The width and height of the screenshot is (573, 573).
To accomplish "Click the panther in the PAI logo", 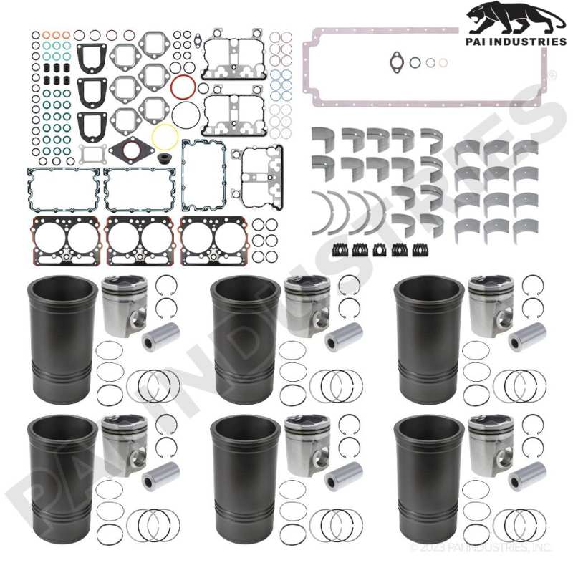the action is (515, 19).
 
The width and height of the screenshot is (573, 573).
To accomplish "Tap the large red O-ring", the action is (183, 87).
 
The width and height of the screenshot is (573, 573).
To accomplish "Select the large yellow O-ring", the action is (165, 137).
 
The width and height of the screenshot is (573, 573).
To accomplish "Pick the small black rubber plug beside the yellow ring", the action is (163, 158).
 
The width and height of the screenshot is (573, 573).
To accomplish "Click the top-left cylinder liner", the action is (62, 340).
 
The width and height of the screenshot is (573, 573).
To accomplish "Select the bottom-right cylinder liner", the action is (429, 479).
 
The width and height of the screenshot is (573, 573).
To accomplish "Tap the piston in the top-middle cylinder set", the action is (307, 307).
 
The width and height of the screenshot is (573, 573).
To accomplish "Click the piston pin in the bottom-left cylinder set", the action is (160, 476).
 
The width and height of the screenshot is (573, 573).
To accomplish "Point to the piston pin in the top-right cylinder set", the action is (527, 337).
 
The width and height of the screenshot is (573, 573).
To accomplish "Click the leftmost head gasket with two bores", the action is (66, 241).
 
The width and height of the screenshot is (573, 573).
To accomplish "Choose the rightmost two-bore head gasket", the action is (213, 241).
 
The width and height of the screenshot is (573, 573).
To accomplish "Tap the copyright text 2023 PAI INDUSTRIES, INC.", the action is (481, 547).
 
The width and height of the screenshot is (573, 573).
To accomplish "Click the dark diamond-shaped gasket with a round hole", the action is (132, 151).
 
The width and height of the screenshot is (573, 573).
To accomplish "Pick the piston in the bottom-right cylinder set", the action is (491, 446).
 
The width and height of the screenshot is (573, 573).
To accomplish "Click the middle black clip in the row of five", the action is (380, 250).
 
